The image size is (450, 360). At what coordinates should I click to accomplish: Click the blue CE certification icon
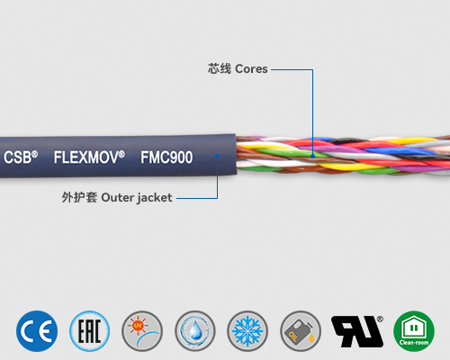tap(37, 330)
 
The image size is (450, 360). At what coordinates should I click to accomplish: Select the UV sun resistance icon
tap(142, 330)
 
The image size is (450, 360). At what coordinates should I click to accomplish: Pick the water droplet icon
tap(194, 330)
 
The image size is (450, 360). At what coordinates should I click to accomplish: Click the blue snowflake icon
tap(247, 330)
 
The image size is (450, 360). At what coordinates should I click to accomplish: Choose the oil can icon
tap(300, 330)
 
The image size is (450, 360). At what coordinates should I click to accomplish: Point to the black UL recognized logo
tap(357, 330)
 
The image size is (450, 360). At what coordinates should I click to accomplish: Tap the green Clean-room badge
tap(413, 330)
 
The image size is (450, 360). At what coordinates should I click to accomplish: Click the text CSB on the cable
tap(20, 156)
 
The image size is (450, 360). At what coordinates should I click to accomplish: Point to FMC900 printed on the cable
tap(166, 156)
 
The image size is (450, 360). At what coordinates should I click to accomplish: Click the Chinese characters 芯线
tap(219, 68)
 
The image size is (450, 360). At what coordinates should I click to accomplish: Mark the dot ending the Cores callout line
tap(312, 154)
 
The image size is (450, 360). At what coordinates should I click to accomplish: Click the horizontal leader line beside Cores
tap(290, 68)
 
